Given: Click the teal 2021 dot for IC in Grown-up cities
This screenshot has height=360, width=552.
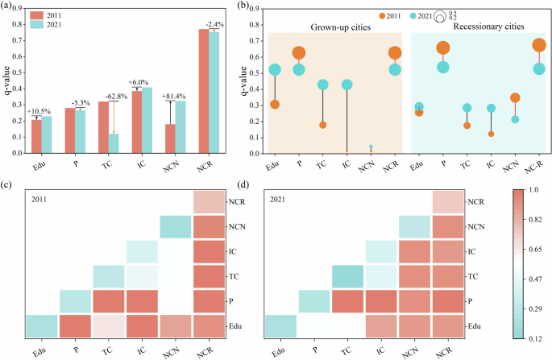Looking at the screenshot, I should (347, 85).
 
